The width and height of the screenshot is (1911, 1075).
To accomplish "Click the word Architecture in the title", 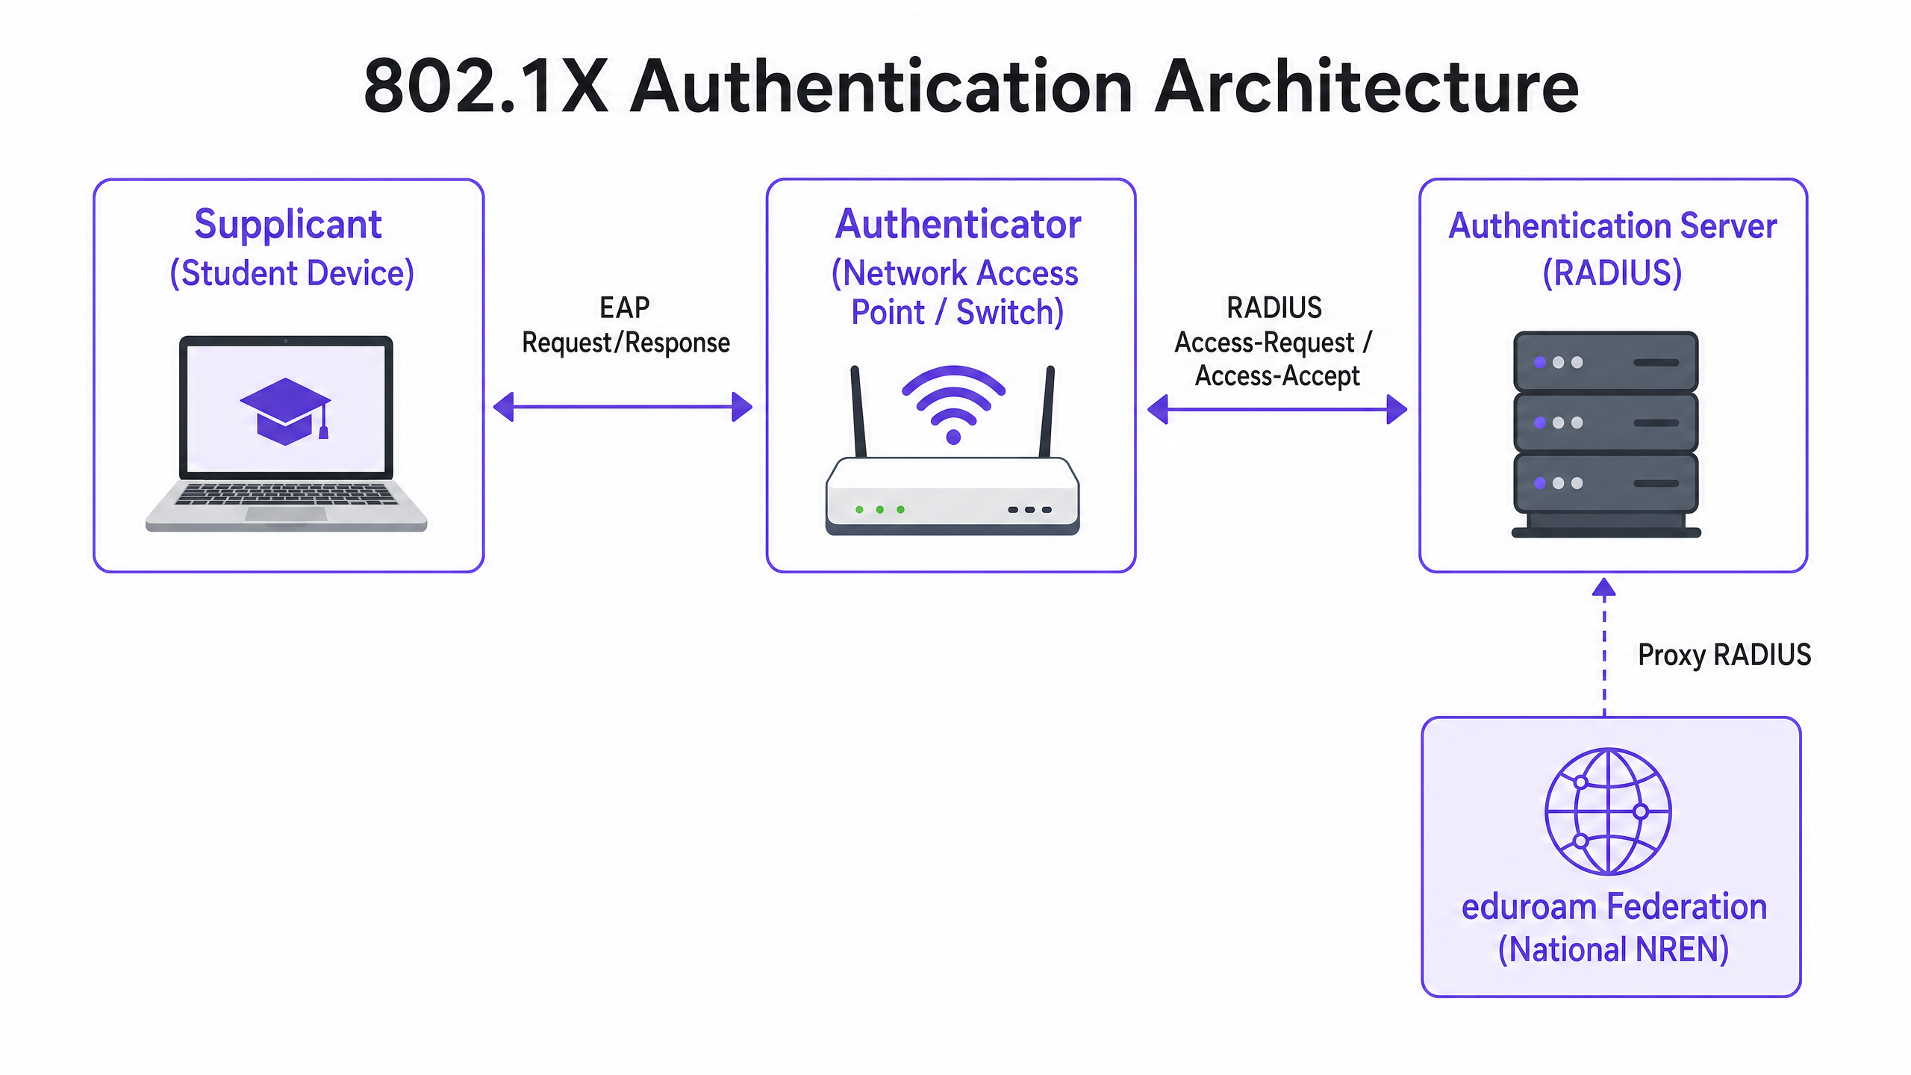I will tap(1366, 87).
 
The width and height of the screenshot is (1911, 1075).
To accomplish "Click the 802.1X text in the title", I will tap(485, 87).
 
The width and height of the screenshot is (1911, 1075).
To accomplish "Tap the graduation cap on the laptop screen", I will tap(284, 411).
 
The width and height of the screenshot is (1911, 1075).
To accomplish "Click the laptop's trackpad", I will tap(286, 514).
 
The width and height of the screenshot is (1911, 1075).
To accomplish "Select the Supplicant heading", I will tap(288, 224).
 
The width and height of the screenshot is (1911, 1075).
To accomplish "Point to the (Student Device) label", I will tap(292, 273).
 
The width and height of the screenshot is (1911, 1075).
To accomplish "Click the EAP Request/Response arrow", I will tap(623, 407).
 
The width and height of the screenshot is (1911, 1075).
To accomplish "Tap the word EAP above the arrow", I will tap(624, 308).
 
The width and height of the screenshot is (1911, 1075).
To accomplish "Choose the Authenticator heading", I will tap(958, 224).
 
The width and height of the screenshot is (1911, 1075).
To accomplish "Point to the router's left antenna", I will tap(858, 411).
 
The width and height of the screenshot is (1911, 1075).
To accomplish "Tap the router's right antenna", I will tap(1047, 411).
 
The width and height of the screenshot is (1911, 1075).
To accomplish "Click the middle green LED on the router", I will tap(880, 509).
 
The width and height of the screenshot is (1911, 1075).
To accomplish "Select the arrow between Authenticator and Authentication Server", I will tap(1276, 409).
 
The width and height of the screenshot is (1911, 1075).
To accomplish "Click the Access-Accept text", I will tap(1277, 376).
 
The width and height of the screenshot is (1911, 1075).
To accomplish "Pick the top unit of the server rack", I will tap(1606, 362).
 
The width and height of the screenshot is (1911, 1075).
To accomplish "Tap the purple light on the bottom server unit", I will tap(1539, 483).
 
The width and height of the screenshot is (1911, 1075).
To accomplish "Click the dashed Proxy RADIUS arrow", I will tap(1604, 649).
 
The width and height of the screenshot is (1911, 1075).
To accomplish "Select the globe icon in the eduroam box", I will tap(1608, 811).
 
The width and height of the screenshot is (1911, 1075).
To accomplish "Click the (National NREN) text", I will tap(1613, 950).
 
